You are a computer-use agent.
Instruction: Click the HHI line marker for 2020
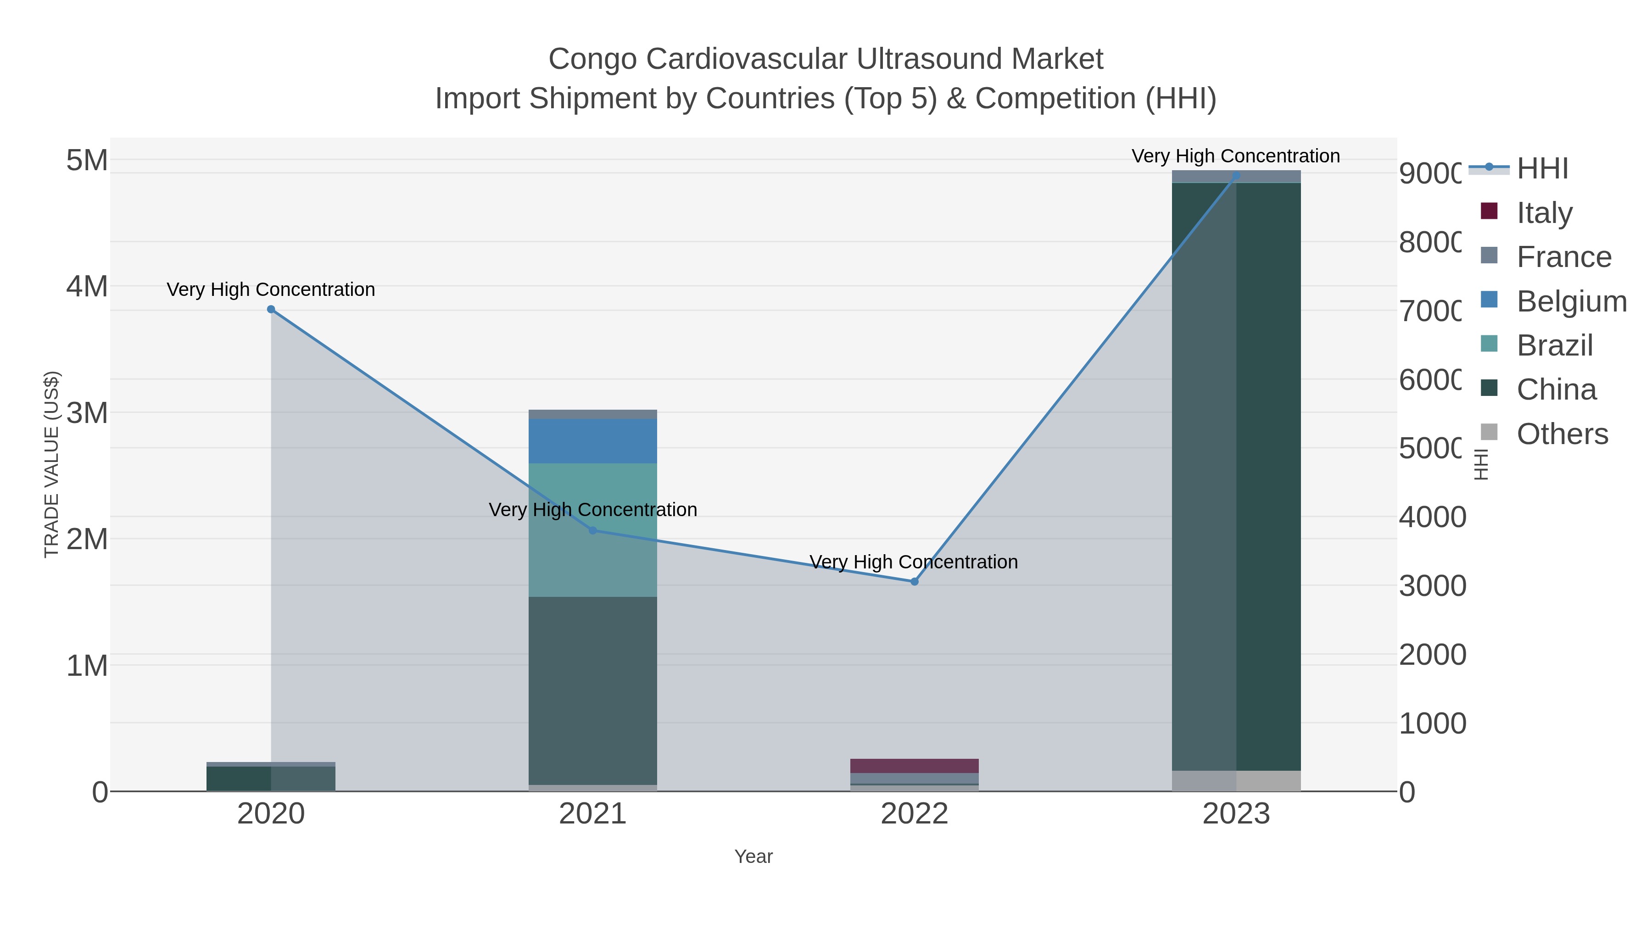click(271, 309)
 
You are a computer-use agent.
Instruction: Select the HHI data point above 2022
click(915, 582)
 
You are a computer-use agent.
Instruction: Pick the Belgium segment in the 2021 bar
click(592, 441)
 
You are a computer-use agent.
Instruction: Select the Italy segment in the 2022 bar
click(915, 766)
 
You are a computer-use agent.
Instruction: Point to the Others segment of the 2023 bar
click(1236, 780)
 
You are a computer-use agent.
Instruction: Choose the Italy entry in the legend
click(1544, 213)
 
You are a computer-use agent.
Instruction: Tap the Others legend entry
click(1562, 434)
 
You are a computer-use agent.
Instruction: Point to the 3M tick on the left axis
click(87, 413)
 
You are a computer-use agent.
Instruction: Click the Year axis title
click(753, 857)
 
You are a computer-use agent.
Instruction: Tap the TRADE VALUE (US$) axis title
click(51, 464)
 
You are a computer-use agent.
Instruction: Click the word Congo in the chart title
click(592, 59)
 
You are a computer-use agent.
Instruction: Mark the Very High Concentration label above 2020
click(271, 290)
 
